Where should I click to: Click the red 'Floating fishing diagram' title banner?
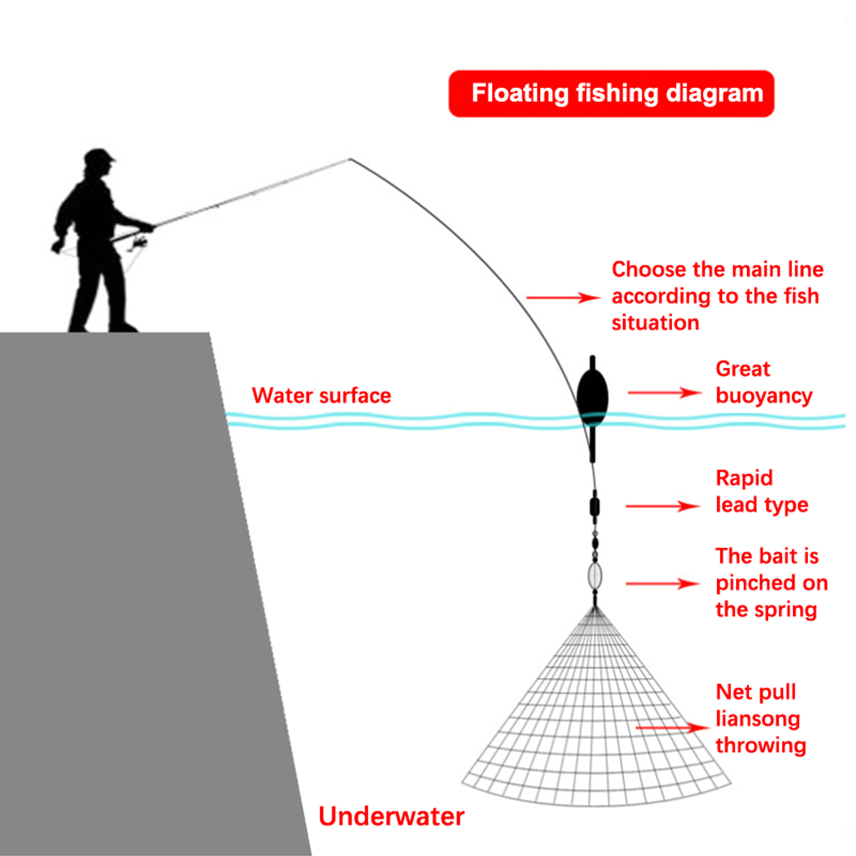(611, 94)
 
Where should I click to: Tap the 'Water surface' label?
(321, 396)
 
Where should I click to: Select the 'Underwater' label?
(391, 816)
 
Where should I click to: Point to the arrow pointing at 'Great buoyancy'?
(664, 393)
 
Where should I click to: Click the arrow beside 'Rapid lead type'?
(662, 506)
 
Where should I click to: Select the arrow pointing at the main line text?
(563, 297)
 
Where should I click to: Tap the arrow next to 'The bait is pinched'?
(662, 584)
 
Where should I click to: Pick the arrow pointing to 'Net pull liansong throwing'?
(672, 728)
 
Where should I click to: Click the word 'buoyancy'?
(764, 396)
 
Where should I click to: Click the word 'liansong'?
(758, 719)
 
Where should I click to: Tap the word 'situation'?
(655, 323)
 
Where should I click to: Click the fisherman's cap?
(100, 156)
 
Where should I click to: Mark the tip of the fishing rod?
(350, 159)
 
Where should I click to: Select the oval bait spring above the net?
(594, 576)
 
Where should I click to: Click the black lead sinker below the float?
(594, 506)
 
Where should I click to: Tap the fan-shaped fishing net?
(595, 738)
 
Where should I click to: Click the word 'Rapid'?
(744, 478)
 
